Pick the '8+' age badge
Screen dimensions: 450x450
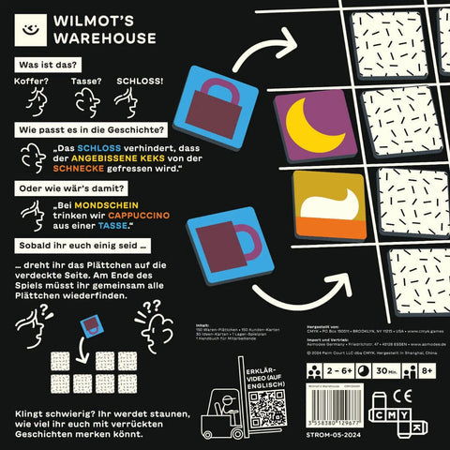[427, 371]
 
